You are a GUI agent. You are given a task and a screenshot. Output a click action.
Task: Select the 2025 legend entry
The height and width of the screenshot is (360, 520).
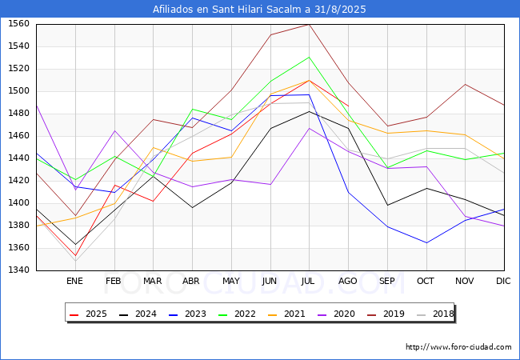pyautogui.click(x=88, y=314)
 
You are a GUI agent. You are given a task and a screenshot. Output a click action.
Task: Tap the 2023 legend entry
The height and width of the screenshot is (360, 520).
pyautogui.click(x=187, y=314)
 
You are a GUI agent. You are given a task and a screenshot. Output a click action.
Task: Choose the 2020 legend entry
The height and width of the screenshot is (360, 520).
pyautogui.click(x=336, y=314)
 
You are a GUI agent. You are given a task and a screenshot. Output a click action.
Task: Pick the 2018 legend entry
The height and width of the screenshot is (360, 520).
pyautogui.click(x=435, y=314)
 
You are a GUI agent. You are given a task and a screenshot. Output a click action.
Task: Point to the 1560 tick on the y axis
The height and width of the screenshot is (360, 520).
pyautogui.click(x=18, y=24)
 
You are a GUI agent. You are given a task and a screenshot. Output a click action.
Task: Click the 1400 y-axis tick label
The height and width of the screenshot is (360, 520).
pyautogui.click(x=18, y=203)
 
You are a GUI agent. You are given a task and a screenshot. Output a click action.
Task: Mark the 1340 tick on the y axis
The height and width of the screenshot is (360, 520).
pyautogui.click(x=18, y=270)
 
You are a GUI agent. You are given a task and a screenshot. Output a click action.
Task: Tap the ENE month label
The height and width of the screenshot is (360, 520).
pyautogui.click(x=74, y=281)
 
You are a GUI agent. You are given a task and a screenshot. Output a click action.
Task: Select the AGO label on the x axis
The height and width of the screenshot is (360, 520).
pyautogui.click(x=347, y=281)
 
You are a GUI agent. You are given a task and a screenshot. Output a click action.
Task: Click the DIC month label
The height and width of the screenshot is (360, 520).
pyautogui.click(x=503, y=281)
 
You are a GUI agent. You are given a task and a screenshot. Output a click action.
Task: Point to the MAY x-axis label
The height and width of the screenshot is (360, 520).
pyautogui.click(x=231, y=281)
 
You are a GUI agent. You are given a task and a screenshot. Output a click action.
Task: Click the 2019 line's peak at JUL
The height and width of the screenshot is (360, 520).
pyautogui.click(x=310, y=25)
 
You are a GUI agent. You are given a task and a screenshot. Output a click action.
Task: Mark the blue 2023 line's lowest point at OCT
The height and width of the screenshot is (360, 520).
pyautogui.click(x=426, y=242)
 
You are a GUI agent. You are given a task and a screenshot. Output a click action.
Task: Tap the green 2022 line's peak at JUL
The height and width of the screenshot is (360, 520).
pyautogui.click(x=310, y=57)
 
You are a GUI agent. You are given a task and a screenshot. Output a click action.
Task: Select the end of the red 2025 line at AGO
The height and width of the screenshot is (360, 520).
pyautogui.click(x=348, y=106)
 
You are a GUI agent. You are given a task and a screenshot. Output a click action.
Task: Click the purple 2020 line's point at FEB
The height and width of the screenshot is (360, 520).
pyautogui.click(x=114, y=130)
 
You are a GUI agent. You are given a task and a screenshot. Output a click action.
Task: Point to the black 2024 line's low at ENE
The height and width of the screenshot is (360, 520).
pyautogui.click(x=76, y=245)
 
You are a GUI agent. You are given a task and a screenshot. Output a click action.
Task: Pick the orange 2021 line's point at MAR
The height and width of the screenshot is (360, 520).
pyautogui.click(x=154, y=147)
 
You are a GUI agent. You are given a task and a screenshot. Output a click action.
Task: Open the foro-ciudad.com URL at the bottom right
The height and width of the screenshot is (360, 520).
pyautogui.click(x=458, y=346)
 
